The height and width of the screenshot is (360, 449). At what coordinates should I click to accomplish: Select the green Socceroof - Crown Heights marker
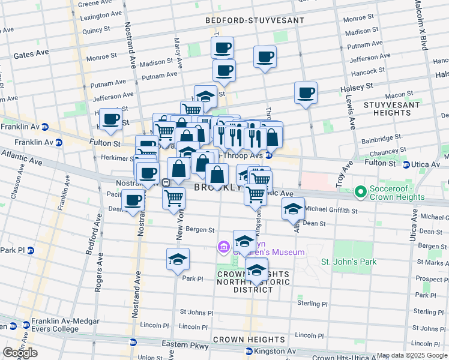[x=360, y=193]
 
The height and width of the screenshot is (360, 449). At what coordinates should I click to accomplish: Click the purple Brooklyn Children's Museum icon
[x=223, y=247]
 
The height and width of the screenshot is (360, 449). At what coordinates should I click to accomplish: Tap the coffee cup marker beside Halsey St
[x=306, y=93]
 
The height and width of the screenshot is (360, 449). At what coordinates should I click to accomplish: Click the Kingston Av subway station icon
[x=249, y=350]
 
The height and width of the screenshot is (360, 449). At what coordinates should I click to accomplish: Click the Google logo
[x=20, y=353]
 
